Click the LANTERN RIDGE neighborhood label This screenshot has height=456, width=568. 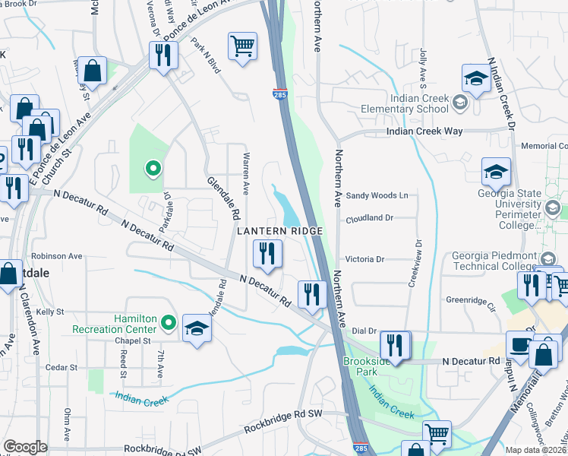tap(280, 230)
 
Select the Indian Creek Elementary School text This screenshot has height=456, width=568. tap(420, 103)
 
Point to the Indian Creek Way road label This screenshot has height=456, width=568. tap(424, 131)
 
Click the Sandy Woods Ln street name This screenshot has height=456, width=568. tap(377, 195)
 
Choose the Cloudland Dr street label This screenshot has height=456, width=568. tap(368, 217)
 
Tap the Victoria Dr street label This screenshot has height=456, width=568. tap(364, 259)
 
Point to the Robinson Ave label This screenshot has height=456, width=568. tap(57, 257)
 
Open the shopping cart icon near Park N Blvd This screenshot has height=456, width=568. tap(242, 46)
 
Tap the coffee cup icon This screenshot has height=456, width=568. tap(519, 345)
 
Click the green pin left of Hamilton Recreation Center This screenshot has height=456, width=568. tap(169, 324)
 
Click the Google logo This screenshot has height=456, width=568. tap(25, 447)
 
